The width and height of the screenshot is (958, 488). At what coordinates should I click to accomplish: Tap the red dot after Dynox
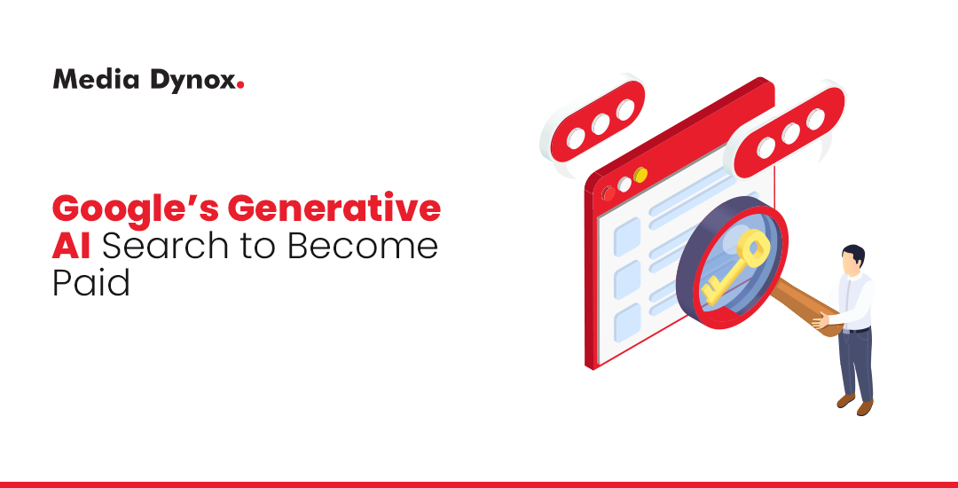tap(241, 86)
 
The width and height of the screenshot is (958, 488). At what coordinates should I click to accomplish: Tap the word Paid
tap(90, 283)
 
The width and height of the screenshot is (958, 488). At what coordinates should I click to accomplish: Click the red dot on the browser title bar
tap(609, 193)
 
